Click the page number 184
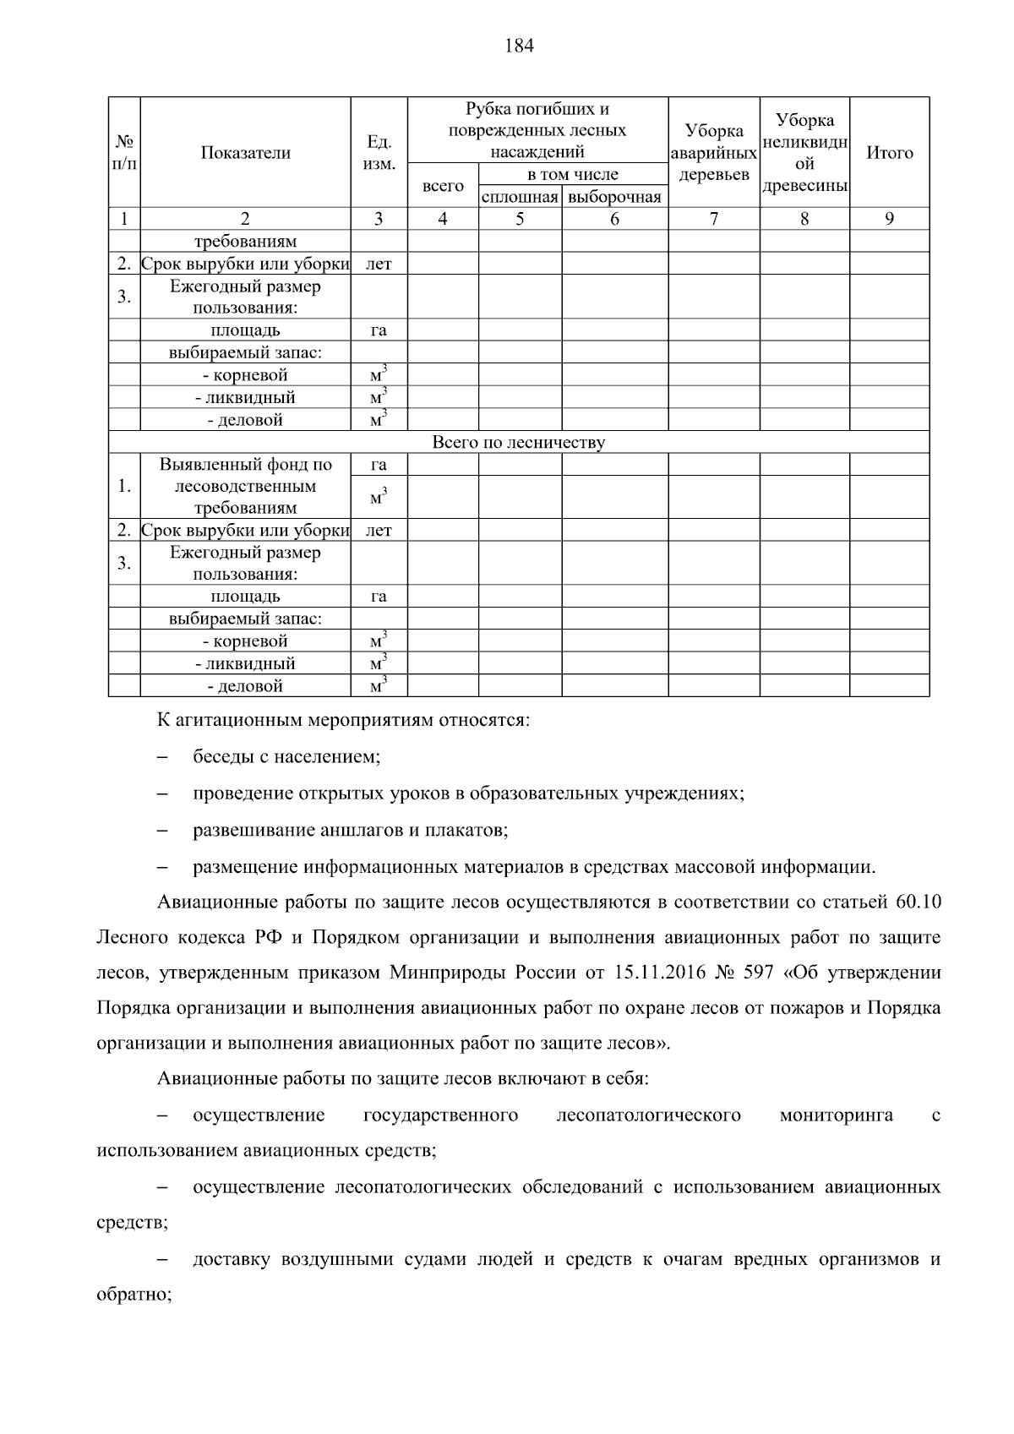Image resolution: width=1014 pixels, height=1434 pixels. tap(519, 46)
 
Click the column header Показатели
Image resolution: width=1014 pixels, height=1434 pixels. tap(245, 153)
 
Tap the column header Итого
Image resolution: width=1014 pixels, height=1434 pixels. tap(889, 153)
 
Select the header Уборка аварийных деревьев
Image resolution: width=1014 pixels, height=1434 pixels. tap(714, 153)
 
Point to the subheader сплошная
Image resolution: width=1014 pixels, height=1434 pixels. tap(520, 198)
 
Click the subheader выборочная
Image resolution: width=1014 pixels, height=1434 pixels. tap(614, 198)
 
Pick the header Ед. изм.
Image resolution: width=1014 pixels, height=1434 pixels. tap(379, 153)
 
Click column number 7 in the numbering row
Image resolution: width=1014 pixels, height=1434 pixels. tap(714, 219)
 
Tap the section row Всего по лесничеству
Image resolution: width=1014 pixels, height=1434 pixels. tap(518, 442)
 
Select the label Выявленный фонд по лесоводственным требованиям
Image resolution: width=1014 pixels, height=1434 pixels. tap(245, 486)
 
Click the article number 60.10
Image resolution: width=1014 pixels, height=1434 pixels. tap(916, 902)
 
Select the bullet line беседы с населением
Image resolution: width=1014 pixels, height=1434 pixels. tap(286, 757)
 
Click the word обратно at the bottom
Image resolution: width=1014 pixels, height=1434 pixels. tap(134, 1295)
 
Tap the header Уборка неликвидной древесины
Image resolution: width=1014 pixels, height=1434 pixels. tap(804, 153)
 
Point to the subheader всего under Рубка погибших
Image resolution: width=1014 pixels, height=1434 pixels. tap(443, 186)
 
